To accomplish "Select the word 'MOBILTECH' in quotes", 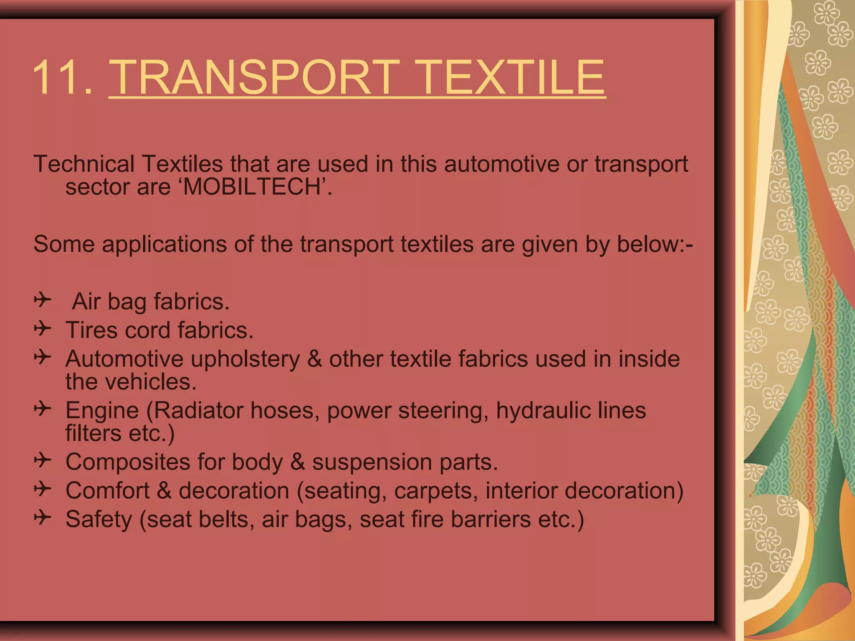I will click(254, 187).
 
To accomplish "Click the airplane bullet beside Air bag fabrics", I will click(43, 300).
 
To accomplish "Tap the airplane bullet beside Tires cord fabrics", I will click(43, 328).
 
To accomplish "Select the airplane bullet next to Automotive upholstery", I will click(43, 357).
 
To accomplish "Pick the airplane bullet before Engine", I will click(43, 409).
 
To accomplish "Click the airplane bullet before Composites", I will click(43, 460).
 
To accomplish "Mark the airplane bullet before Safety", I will click(43, 517).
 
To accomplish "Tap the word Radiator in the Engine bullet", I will click(199, 411).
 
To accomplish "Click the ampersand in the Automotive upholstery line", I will click(315, 359).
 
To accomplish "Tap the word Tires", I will click(92, 331).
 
